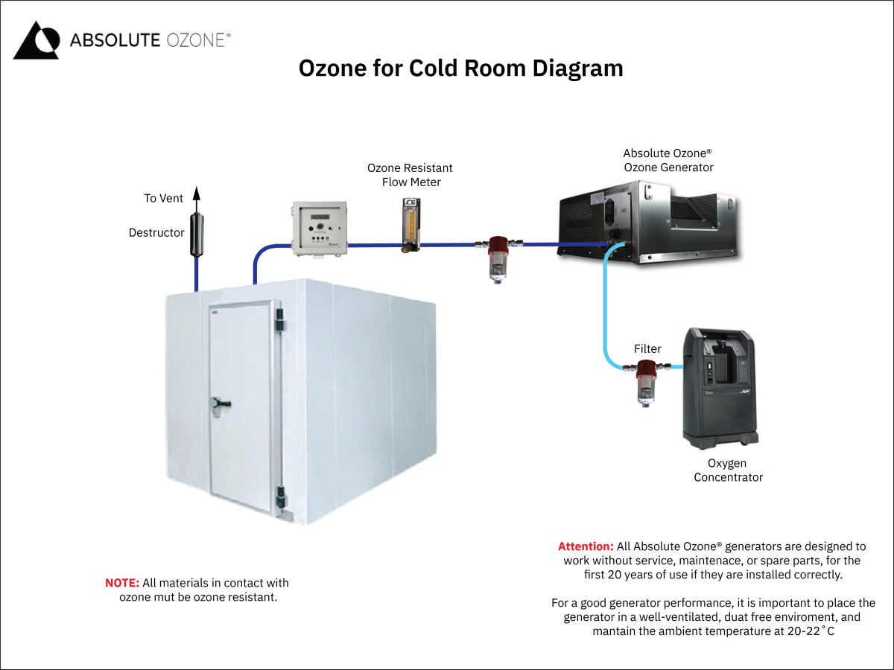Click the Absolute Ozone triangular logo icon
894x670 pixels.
pos(36,40)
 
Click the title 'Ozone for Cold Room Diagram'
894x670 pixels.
pos(460,68)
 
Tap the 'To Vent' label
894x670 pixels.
pos(163,199)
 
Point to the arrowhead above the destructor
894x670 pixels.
pos(197,194)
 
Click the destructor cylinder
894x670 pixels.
pos(197,234)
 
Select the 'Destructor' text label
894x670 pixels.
pos(156,233)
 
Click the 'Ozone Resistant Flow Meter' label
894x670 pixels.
pos(410,175)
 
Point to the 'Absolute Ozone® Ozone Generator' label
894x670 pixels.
pos(668,160)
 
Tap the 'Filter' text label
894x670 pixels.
pos(647,348)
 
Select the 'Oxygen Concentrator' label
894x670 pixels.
pos(728,470)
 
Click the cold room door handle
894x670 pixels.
pos(221,403)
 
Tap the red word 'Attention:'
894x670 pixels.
pos(586,546)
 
